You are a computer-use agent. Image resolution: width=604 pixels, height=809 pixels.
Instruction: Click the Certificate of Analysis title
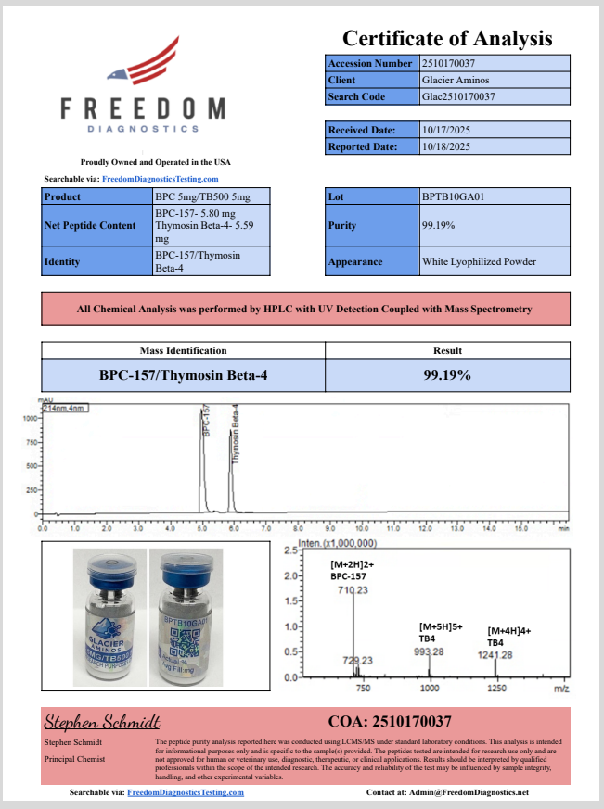[447, 38]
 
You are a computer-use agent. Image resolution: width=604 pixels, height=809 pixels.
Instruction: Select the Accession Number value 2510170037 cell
[495, 63]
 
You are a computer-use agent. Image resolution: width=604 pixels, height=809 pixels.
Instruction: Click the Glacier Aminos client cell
[495, 80]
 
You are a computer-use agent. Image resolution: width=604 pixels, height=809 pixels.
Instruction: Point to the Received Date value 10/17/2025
[495, 131]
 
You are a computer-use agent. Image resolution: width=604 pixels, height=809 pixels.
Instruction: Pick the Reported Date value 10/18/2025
[495, 146]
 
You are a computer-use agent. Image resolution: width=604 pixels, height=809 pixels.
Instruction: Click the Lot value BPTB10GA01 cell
[495, 196]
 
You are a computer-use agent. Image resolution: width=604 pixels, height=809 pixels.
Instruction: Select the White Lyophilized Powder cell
[495, 261]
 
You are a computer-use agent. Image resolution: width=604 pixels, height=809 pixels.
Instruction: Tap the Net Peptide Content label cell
[96, 226]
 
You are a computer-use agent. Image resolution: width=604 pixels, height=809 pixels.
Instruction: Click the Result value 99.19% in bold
[446, 375]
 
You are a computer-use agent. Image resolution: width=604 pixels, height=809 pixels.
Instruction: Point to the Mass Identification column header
[183, 350]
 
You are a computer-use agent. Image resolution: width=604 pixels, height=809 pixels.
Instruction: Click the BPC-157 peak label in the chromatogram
[206, 421]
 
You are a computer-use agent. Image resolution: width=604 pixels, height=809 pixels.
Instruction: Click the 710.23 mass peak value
[353, 589]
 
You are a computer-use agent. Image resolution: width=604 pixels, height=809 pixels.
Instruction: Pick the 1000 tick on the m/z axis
[430, 689]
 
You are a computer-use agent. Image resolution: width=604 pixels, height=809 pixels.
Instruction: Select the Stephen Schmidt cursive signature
[103, 721]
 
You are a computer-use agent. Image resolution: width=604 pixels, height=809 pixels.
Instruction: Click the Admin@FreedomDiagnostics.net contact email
[474, 793]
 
